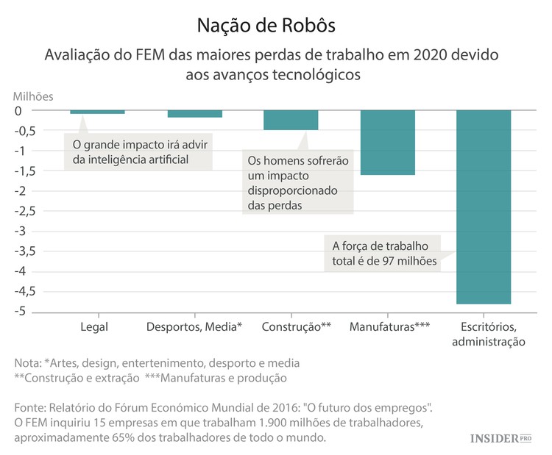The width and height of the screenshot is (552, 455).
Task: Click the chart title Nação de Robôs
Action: pos(266,25)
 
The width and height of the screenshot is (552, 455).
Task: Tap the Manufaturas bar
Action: pos(388,143)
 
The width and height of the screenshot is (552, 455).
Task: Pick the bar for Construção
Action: pos(291,120)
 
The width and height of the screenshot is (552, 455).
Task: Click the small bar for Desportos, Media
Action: pos(195,114)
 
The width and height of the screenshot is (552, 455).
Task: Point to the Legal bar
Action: pos(97,112)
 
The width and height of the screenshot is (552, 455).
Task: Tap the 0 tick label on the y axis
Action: pos(28,111)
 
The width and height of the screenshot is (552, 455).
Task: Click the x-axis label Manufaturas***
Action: pos(389,326)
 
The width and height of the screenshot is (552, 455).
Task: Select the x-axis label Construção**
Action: pos(296,326)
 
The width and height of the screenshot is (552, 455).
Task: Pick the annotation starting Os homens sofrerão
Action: pos(297,182)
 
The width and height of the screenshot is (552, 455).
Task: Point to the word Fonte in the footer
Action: pos(30,407)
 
